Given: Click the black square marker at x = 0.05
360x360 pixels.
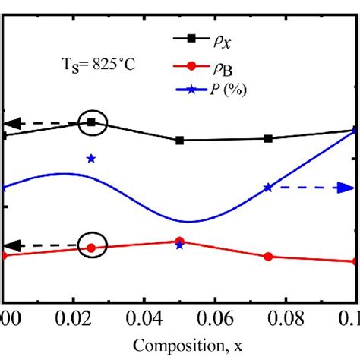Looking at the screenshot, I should (179, 141).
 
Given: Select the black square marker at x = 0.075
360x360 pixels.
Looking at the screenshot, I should (268, 138).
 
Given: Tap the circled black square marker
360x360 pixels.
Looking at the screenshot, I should (92, 122).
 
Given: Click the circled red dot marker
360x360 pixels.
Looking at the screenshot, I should (92, 248).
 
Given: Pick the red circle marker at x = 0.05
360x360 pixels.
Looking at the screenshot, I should (179, 241).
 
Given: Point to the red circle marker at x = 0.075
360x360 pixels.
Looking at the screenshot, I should (268, 257).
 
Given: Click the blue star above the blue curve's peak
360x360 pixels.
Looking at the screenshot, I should (91, 159).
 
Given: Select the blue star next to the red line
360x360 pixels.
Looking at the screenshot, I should (179, 246).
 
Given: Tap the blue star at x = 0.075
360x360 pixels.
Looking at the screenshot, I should (268, 187).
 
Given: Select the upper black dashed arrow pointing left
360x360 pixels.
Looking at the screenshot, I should (38, 123).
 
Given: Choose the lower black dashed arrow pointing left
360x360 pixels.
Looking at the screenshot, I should (38, 245).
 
